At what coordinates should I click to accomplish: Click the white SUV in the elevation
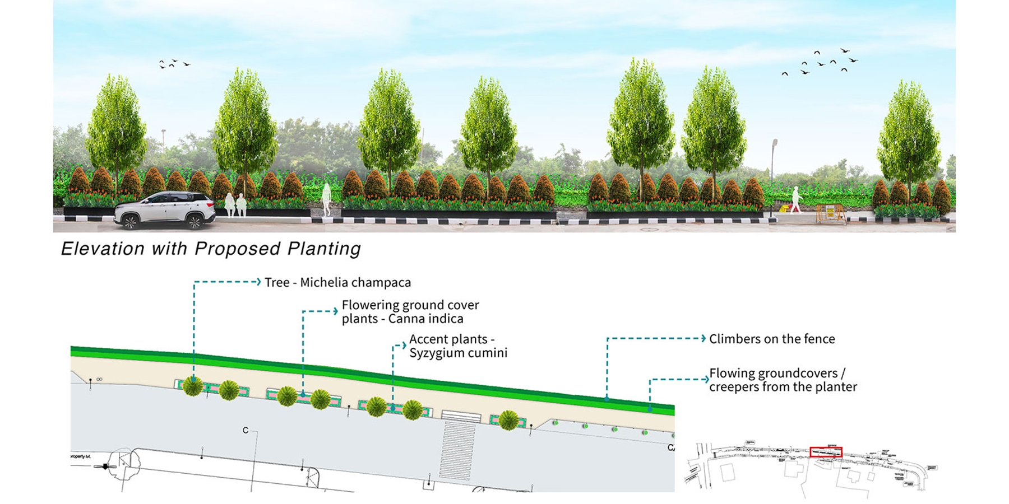click(x=165, y=210)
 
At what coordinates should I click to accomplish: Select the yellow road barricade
click(x=830, y=213)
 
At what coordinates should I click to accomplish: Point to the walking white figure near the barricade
click(x=795, y=200)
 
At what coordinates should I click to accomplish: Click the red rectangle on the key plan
click(x=826, y=452)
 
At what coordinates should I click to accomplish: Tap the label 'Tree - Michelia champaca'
click(x=337, y=282)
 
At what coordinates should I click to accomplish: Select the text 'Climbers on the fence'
click(x=772, y=339)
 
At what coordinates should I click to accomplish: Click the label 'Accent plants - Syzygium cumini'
click(x=458, y=346)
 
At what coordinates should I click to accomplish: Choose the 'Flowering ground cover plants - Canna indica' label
click(x=410, y=312)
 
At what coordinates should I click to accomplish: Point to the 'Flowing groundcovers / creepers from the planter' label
click(x=783, y=380)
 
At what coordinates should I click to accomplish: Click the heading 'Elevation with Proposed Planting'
click(x=211, y=249)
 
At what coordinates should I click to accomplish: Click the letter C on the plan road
click(x=246, y=430)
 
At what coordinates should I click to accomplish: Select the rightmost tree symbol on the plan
click(x=508, y=420)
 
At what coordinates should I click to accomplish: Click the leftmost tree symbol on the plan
click(x=193, y=386)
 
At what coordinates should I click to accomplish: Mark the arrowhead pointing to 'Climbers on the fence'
click(x=703, y=338)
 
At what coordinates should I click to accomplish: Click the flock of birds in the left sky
click(x=174, y=64)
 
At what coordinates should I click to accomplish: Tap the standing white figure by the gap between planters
click(x=326, y=200)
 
